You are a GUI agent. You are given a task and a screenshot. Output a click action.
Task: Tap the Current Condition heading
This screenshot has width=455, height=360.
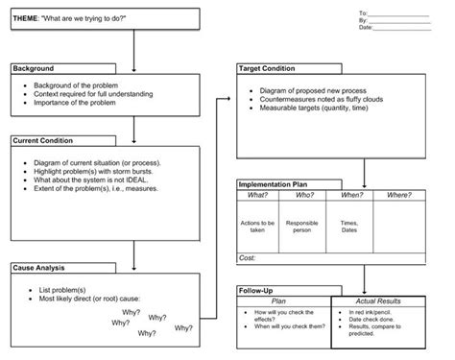(44, 140)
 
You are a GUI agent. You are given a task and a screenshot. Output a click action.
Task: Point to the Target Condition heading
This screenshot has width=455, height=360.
(274, 69)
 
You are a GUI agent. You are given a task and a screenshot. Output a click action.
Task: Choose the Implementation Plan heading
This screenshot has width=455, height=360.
(283, 183)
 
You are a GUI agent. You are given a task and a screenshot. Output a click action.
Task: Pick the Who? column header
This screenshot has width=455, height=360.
(302, 195)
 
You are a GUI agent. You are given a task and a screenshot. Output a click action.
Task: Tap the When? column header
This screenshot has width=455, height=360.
(350, 195)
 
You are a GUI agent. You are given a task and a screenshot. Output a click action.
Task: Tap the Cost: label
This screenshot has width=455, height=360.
(248, 258)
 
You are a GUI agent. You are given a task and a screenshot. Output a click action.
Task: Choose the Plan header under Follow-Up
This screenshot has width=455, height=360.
(284, 300)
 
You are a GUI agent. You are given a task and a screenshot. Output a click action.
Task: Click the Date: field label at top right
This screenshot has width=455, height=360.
(365, 28)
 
